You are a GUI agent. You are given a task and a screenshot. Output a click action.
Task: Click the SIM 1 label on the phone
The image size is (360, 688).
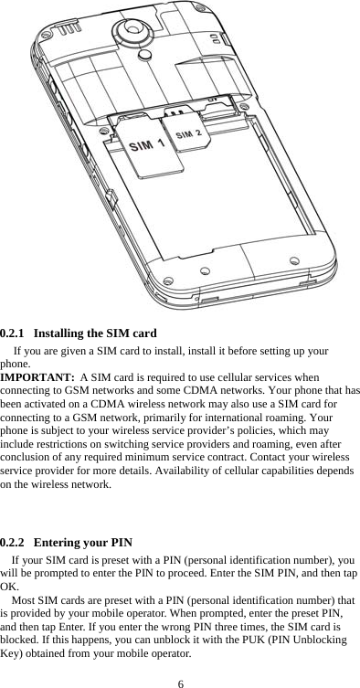click(147, 145)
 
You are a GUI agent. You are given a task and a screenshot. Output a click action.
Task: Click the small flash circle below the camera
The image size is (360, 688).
click(144, 57)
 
